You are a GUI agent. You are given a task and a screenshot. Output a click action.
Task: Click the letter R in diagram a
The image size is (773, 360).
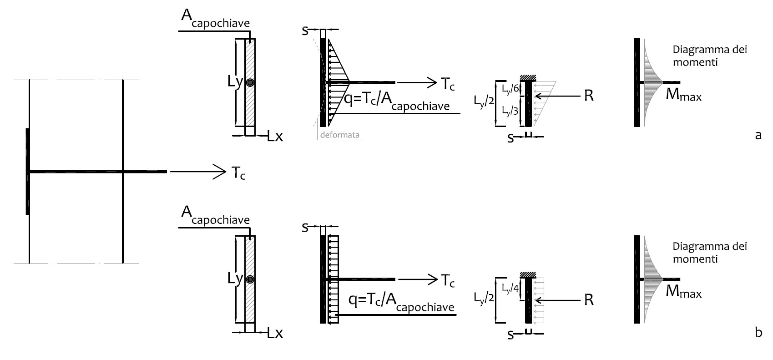click(x=589, y=96)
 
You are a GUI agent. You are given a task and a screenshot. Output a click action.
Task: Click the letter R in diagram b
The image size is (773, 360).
click(x=589, y=301)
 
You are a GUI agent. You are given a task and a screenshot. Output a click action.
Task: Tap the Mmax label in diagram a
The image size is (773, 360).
click(x=683, y=96)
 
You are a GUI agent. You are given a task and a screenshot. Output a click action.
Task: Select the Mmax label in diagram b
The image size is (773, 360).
click(x=683, y=292)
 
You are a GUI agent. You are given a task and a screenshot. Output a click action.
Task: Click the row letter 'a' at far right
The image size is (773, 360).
click(x=758, y=135)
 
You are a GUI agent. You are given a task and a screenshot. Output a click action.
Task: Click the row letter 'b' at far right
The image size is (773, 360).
click(x=758, y=333)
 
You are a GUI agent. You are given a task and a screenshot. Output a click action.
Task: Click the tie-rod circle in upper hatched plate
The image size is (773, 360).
click(x=250, y=83)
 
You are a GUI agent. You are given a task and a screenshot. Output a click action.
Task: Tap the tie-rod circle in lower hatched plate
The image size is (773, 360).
click(x=250, y=279)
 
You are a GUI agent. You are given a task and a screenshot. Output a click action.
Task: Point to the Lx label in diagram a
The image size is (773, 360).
click(x=275, y=137)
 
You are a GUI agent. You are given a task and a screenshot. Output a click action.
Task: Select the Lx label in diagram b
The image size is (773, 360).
click(x=275, y=334)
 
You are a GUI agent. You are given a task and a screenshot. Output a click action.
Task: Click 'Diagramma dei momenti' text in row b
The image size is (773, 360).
click(x=709, y=253)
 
